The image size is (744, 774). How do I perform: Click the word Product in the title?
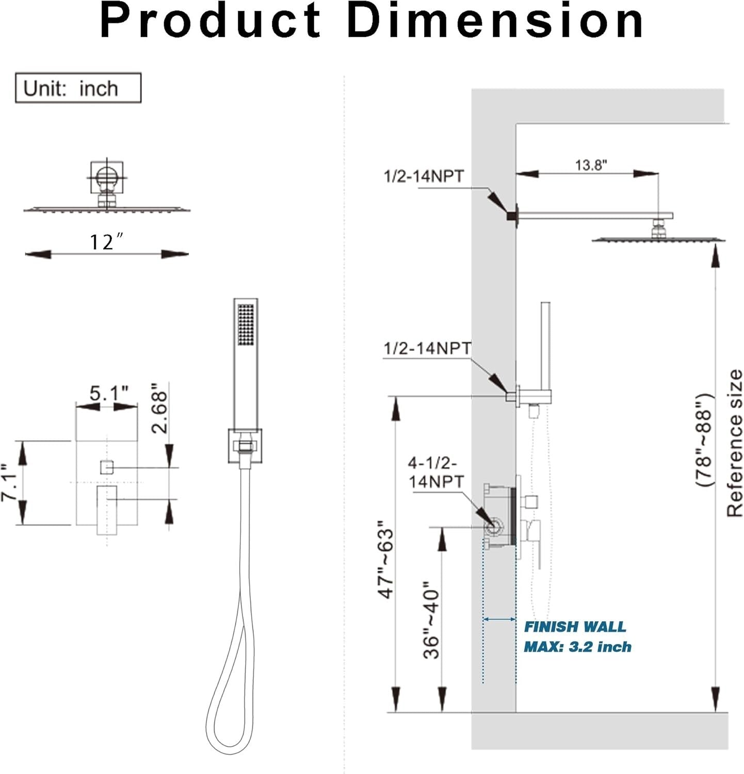[211, 22]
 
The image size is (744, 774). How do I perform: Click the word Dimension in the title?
[495, 22]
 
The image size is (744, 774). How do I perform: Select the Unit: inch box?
[78, 88]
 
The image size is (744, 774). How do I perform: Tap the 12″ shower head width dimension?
[107, 241]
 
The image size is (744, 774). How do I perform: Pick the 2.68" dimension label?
[159, 408]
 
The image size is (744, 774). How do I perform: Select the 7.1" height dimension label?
[10, 483]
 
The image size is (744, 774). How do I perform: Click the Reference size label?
[734, 443]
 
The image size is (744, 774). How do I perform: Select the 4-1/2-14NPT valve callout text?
[436, 472]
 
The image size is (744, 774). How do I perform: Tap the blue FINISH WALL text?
[574, 626]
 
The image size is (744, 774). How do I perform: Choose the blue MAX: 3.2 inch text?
[577, 647]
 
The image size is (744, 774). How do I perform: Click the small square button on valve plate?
[107, 467]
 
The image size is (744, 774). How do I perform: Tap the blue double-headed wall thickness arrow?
[499, 619]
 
